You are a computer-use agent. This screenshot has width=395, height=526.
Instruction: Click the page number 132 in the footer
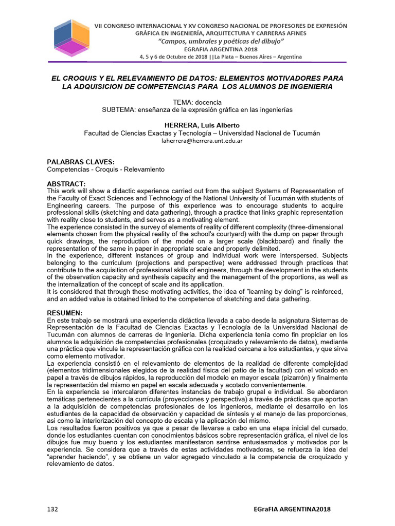(x=52, y=509)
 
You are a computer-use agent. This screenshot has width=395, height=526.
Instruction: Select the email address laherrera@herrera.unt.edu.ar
(x=202, y=140)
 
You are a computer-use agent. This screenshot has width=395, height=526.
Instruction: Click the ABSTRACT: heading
(x=66, y=184)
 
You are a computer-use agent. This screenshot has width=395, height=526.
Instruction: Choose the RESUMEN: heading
(x=65, y=313)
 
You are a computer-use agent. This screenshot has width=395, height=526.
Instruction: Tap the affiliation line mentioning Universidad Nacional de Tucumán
(x=202, y=133)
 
